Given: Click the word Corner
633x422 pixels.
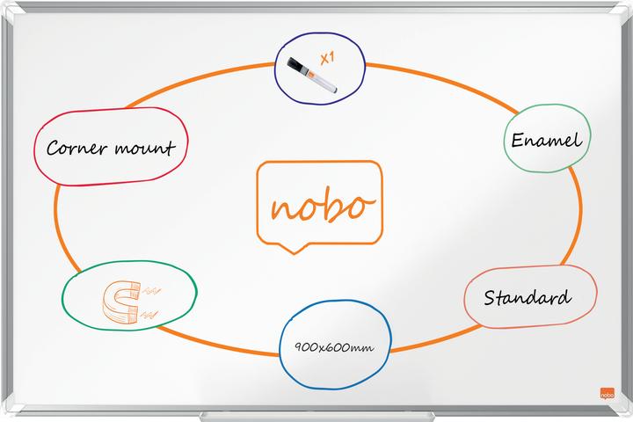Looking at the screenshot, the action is (76, 148).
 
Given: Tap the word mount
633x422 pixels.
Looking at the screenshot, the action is (145, 148).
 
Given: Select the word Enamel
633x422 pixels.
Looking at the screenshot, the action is (547, 140).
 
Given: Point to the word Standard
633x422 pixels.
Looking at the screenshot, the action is (527, 298).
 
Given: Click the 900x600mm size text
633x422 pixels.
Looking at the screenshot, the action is (334, 347).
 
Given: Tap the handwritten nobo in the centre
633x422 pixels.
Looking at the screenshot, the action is (323, 204).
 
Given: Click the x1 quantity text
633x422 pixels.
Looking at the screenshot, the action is (327, 58).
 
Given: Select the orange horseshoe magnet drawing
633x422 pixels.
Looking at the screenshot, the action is (120, 302).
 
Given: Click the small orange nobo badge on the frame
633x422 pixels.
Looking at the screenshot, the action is (608, 393).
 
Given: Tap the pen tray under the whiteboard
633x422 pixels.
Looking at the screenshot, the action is (316, 417).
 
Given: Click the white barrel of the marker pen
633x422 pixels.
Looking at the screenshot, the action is (325, 83).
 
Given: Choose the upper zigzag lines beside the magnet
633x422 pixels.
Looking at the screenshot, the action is (151, 290).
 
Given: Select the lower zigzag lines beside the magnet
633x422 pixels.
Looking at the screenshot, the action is (149, 315).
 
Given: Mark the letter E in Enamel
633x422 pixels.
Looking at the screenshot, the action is (518, 140).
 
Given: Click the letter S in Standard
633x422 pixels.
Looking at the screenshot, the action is (490, 298).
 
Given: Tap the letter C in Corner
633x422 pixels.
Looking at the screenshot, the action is (54, 148).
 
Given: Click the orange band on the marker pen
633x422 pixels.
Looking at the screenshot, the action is (310, 74).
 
